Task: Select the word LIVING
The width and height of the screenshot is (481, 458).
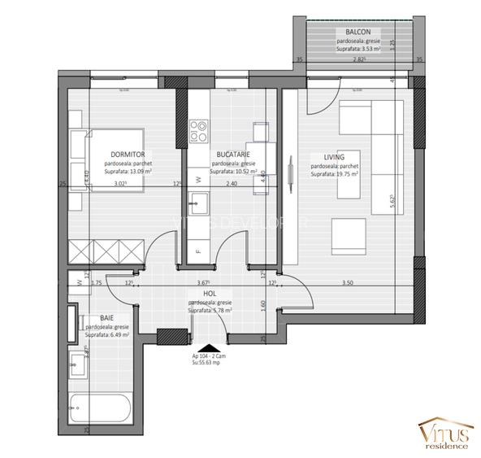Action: coord(333,157)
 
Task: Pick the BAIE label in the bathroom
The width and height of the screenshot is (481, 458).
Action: coord(106,318)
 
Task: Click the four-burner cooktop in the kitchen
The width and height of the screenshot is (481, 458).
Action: coord(199,132)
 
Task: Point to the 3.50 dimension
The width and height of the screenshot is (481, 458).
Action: coord(347,283)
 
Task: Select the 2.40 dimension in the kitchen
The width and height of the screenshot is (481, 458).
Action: coord(232,184)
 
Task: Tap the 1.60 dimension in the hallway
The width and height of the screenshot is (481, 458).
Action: coord(265,304)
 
